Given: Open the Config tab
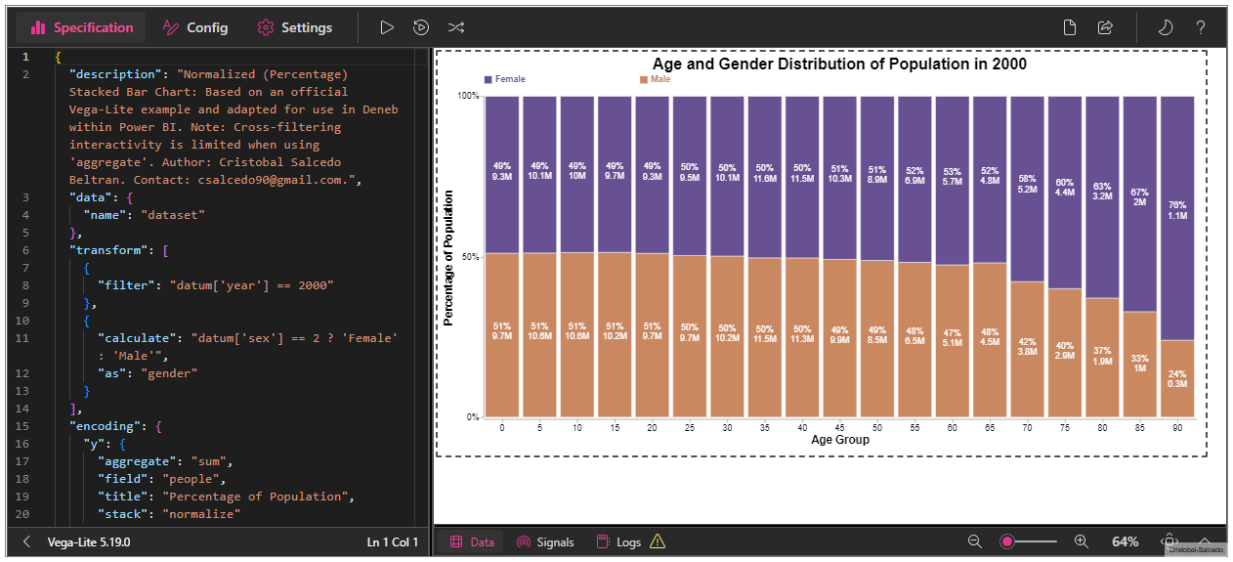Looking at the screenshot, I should pos(195,27).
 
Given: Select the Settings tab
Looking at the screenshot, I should pos(294,27).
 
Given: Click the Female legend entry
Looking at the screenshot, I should pos(505,78).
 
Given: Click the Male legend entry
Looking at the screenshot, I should pos(656,78).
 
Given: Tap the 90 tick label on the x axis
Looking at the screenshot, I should pos(1177,427).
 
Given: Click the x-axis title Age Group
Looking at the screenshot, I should pos(839,440).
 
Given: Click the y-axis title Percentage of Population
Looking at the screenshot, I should pos(448,257).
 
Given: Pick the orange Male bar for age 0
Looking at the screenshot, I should pos(501,371).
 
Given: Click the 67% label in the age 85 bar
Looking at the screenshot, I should pos(1139,193).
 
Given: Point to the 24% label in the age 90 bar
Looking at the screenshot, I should pos(1176,373).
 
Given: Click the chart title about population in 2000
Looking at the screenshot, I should pos(839,64).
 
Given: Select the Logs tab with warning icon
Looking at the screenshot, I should pos(630,541).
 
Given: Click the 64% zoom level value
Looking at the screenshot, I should pos(1125,541).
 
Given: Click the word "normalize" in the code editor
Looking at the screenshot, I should pos(204,514).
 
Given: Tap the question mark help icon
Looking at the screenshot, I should pos(1201,27).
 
